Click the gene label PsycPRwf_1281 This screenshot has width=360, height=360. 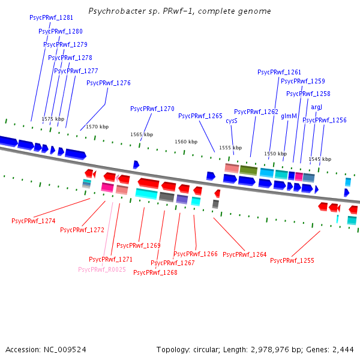click(51, 18)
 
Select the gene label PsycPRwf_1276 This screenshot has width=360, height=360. click(109, 83)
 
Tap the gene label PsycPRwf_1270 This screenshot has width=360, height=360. click(152, 109)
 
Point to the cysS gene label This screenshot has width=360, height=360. click(232, 121)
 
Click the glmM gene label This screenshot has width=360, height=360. click(289, 116)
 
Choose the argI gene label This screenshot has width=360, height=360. click(317, 107)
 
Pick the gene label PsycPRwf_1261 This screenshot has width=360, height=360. click(280, 72)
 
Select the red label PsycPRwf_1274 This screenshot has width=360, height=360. click(34, 221)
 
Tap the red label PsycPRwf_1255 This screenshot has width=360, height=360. click(292, 260)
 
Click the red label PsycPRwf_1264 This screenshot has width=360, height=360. click(245, 254)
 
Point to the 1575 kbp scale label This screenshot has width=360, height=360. click(53, 119)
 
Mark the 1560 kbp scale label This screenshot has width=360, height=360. click(186, 142)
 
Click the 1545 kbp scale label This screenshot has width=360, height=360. click(320, 159)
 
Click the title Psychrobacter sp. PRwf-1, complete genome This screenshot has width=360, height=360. click(179, 11)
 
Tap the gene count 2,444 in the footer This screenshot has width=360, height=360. click(343, 349)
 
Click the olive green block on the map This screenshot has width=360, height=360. click(248, 171)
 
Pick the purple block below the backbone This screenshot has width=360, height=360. click(182, 199)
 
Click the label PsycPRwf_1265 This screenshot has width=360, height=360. click(200, 116)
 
